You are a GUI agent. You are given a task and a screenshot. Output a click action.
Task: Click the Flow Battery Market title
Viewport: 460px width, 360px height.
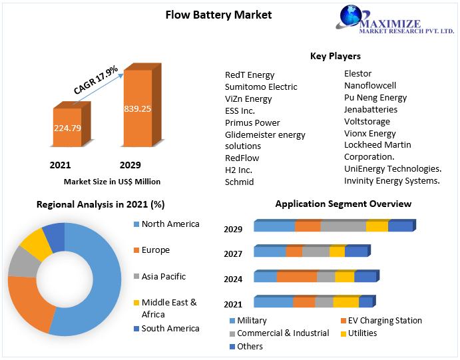[x=218, y=15]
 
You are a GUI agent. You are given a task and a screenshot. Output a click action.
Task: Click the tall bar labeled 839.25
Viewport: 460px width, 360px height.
[x=137, y=108]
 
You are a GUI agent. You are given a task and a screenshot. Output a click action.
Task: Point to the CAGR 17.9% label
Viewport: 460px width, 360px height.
[x=95, y=79]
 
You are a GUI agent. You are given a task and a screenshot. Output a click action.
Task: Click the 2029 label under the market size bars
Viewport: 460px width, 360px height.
[x=130, y=165]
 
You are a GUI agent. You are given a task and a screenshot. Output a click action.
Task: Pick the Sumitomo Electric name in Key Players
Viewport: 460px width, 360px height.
[x=261, y=87]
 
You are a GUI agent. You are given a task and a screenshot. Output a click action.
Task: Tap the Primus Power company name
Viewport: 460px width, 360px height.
[x=252, y=122]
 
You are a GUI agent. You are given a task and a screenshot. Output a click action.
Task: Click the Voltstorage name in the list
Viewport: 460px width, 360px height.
[x=367, y=121]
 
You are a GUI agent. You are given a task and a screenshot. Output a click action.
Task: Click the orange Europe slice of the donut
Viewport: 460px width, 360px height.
[x=25, y=303]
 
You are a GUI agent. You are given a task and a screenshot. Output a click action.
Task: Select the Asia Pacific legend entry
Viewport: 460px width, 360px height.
[x=163, y=276]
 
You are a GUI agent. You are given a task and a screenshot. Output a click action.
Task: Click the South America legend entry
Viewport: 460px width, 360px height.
[x=170, y=328]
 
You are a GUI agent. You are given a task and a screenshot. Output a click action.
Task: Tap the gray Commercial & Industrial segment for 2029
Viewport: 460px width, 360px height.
[x=343, y=227]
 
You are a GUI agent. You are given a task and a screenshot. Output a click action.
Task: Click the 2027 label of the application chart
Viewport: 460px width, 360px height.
[x=233, y=254]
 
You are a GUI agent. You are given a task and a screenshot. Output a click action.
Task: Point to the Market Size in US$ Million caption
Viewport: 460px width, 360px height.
[x=112, y=181]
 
